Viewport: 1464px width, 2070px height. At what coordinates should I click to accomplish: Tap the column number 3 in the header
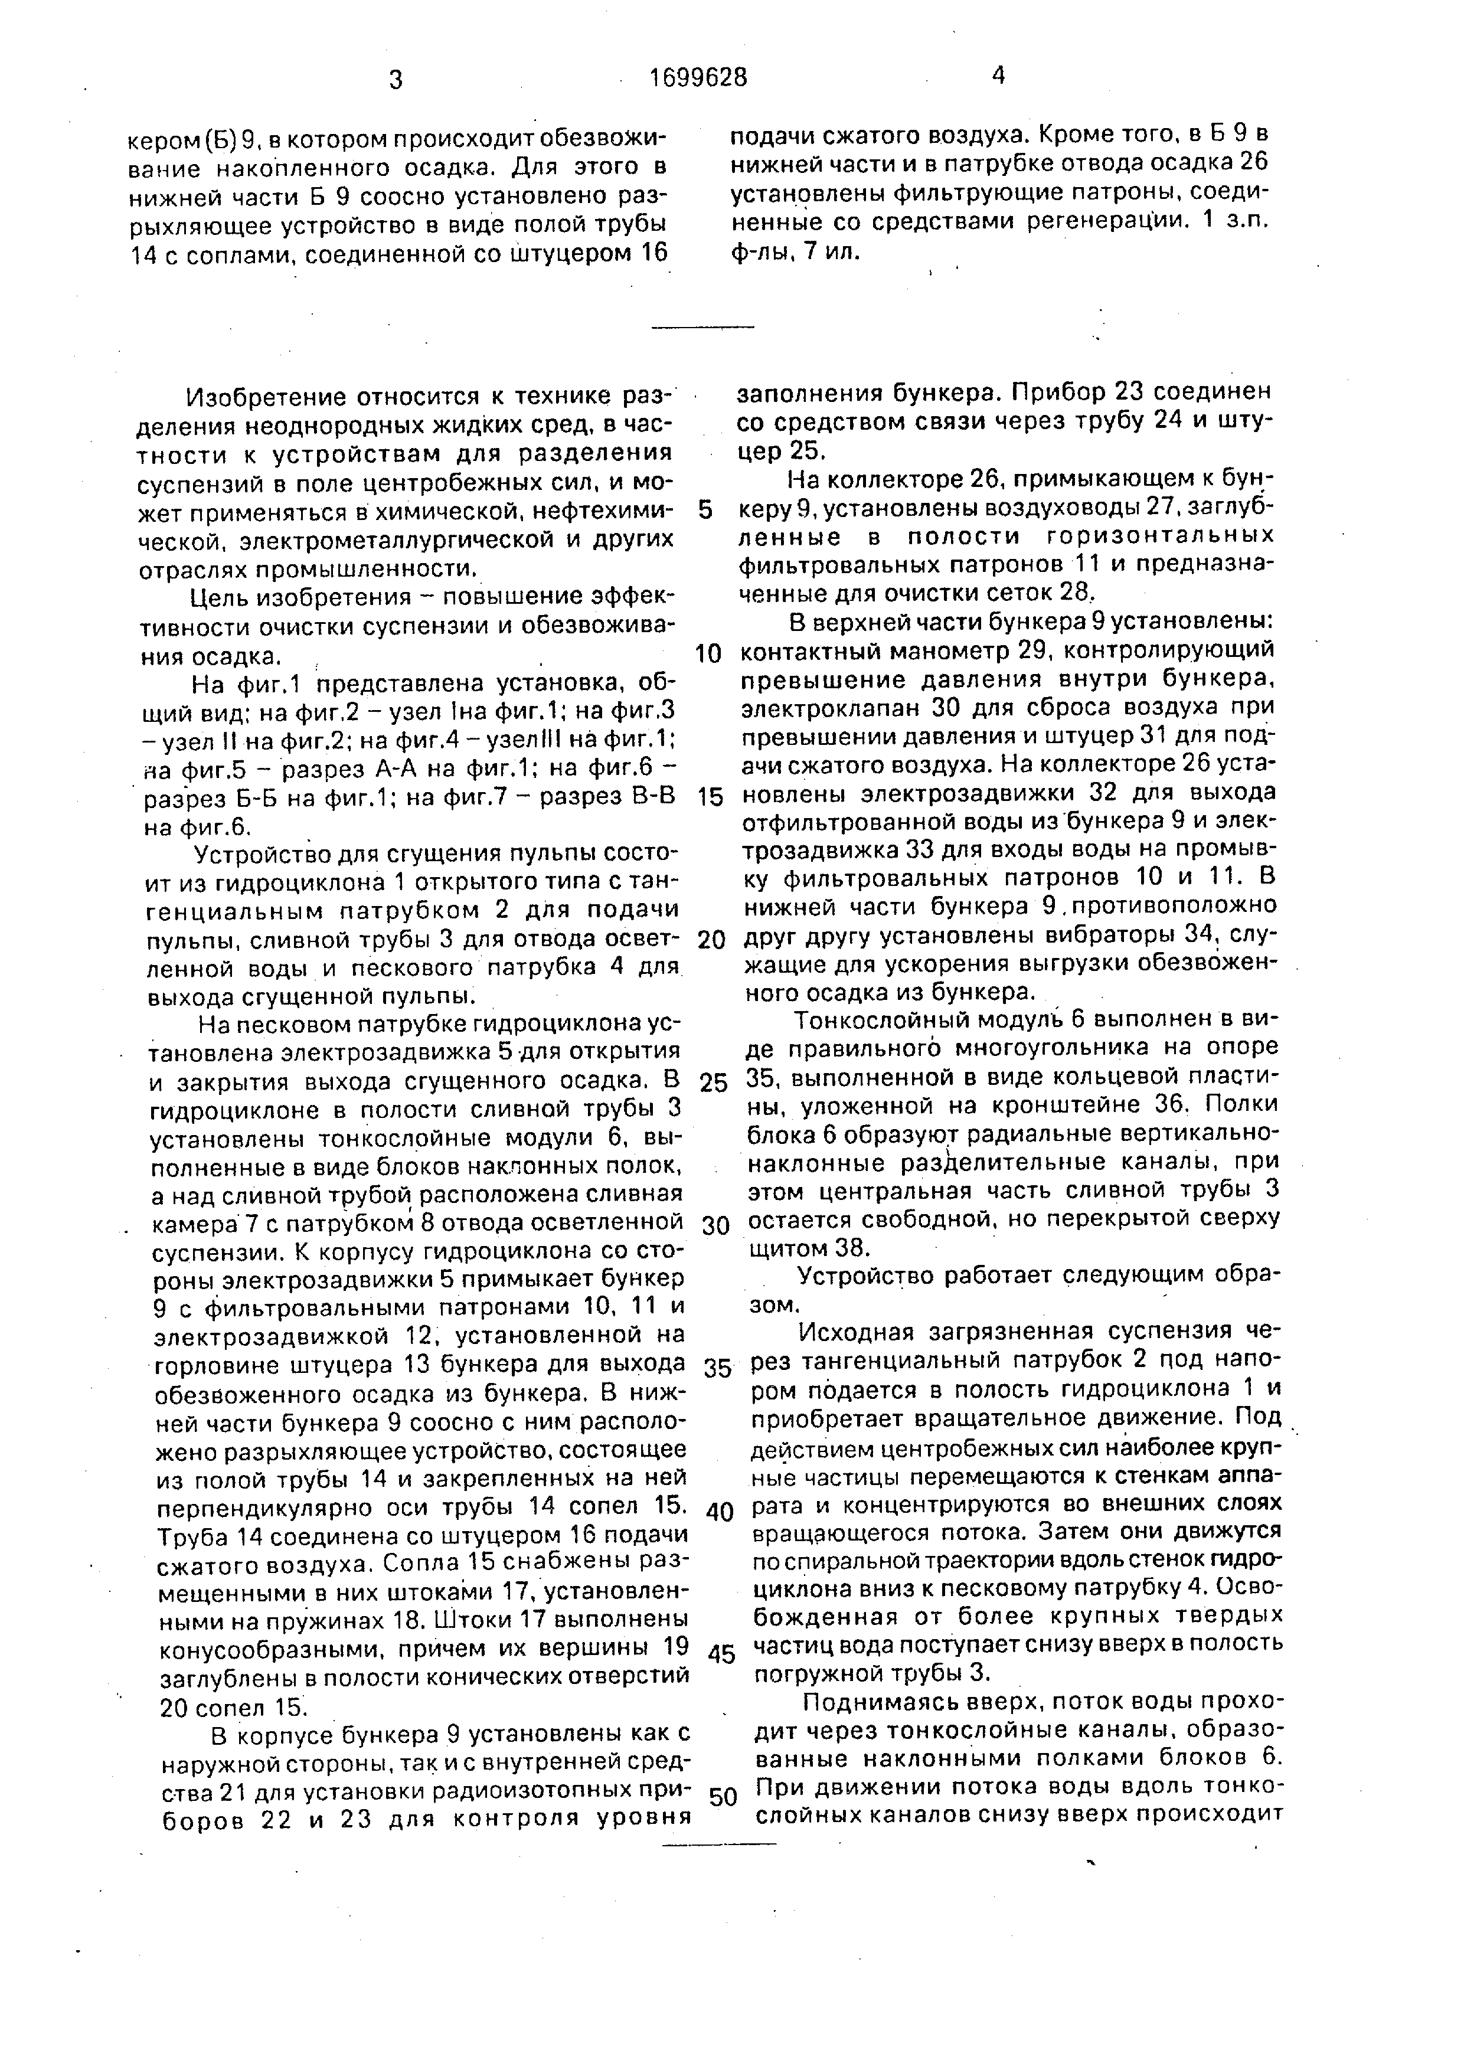click(x=395, y=79)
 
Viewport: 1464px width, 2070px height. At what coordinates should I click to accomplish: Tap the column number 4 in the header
click(x=998, y=76)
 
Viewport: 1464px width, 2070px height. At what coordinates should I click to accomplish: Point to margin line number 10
click(x=710, y=653)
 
